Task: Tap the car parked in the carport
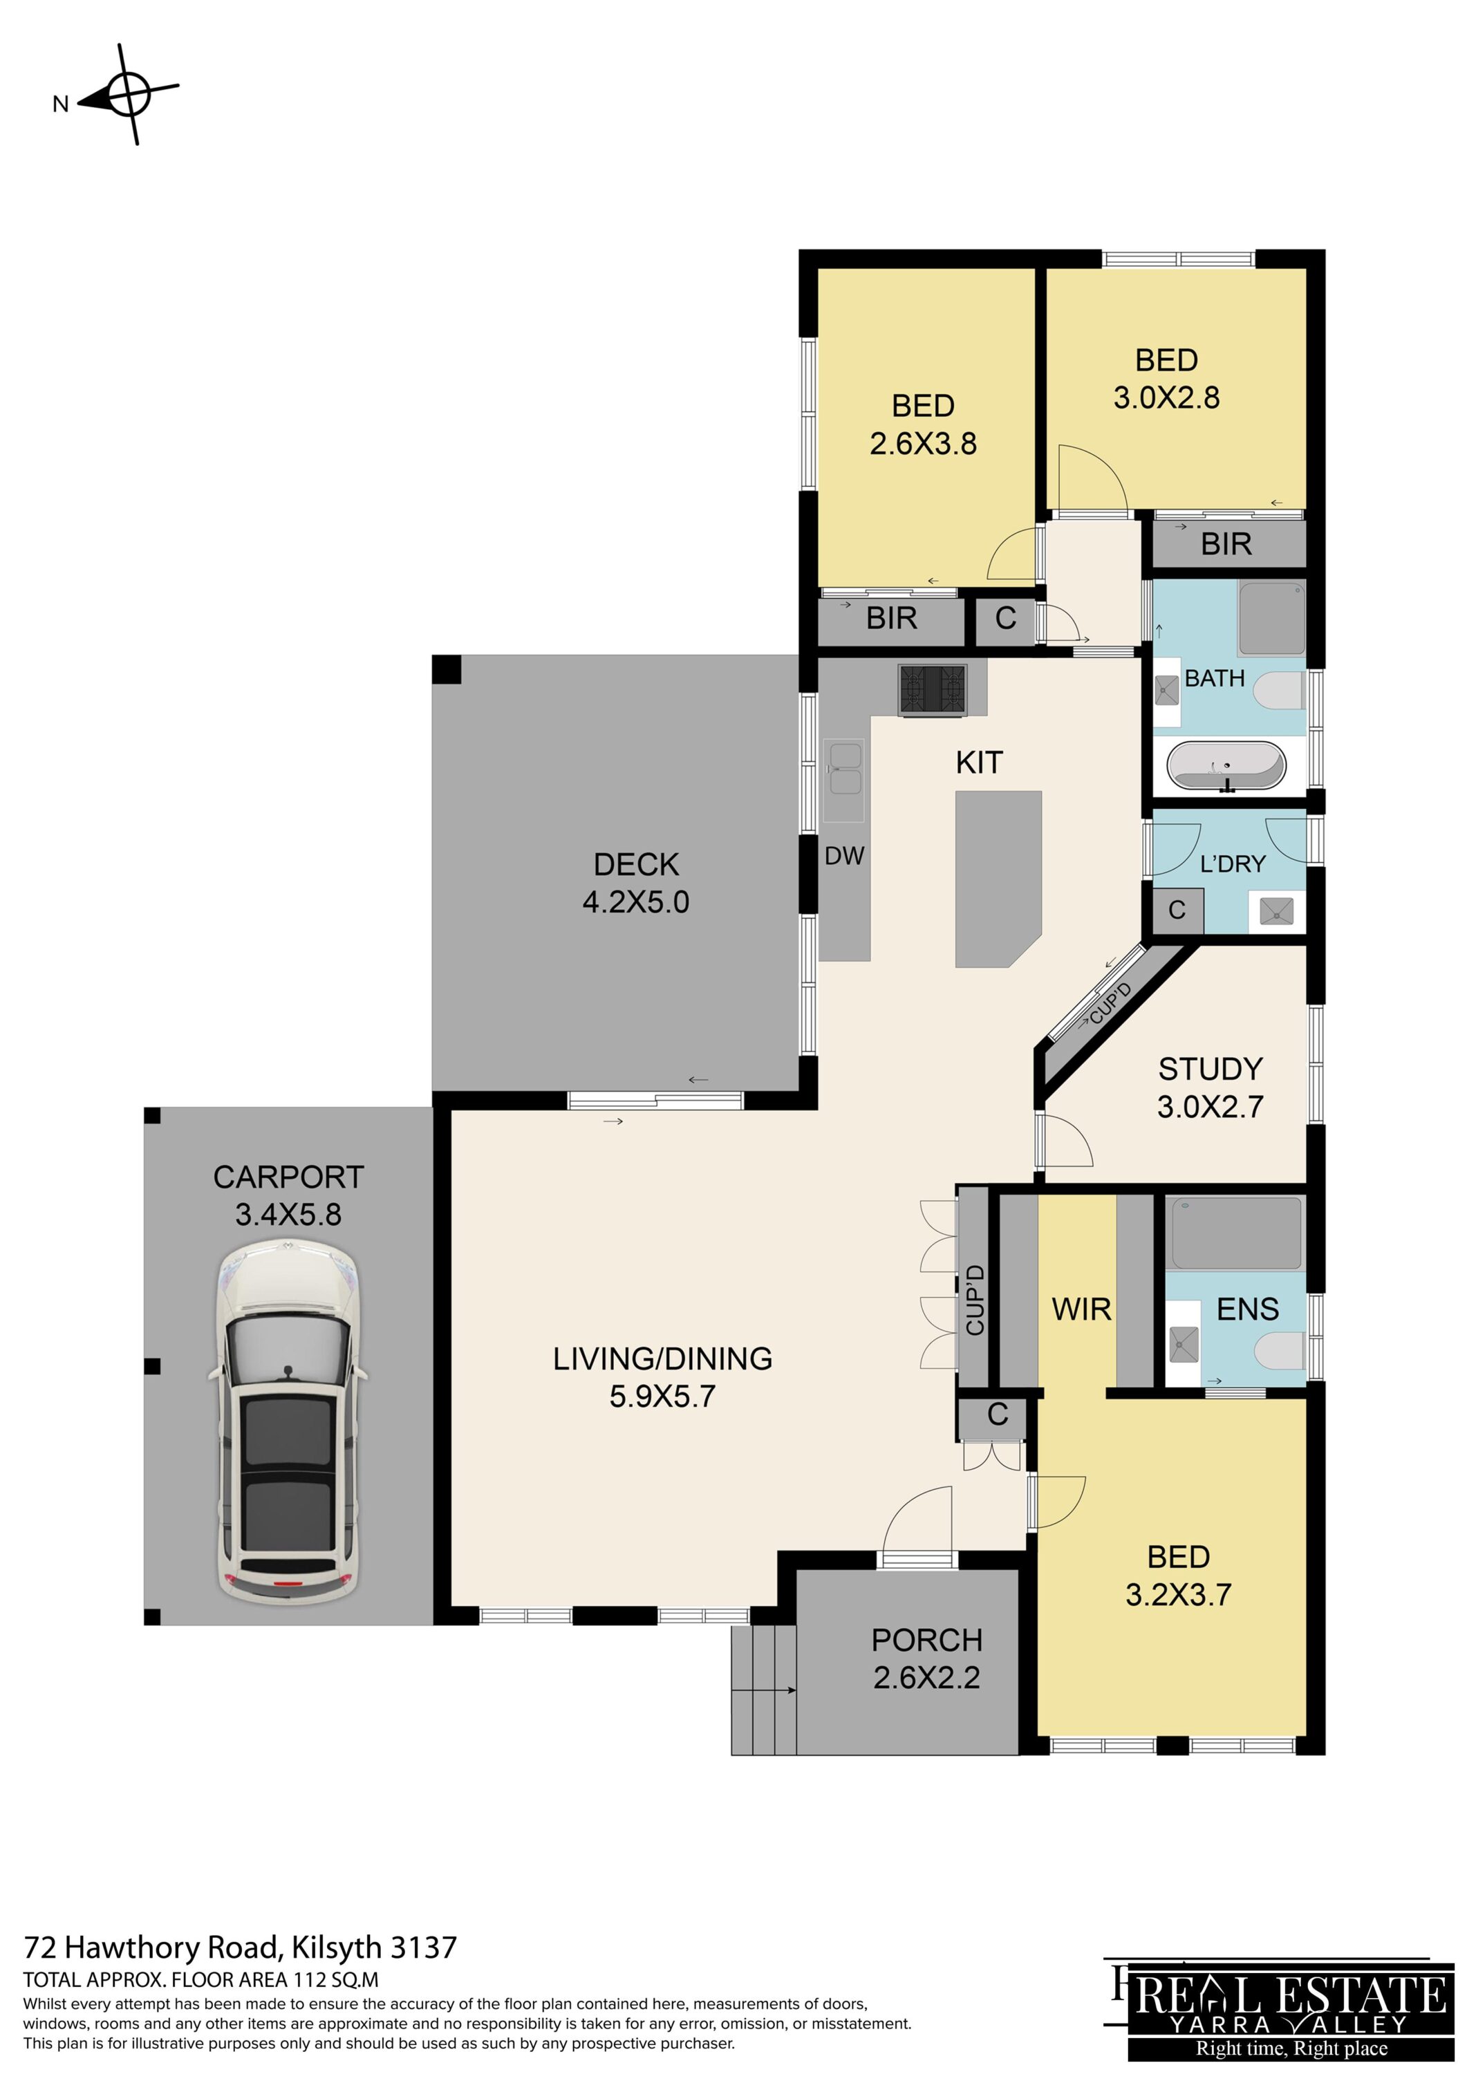[288, 1422]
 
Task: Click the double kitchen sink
[843, 781]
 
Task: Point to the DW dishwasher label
[845, 855]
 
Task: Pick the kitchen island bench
[998, 879]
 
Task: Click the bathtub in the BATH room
[1226, 766]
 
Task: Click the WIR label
[1081, 1309]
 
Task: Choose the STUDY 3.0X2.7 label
[1211, 1087]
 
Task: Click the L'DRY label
[1232, 864]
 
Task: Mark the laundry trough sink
[1276, 910]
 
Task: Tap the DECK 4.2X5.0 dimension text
[636, 901]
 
